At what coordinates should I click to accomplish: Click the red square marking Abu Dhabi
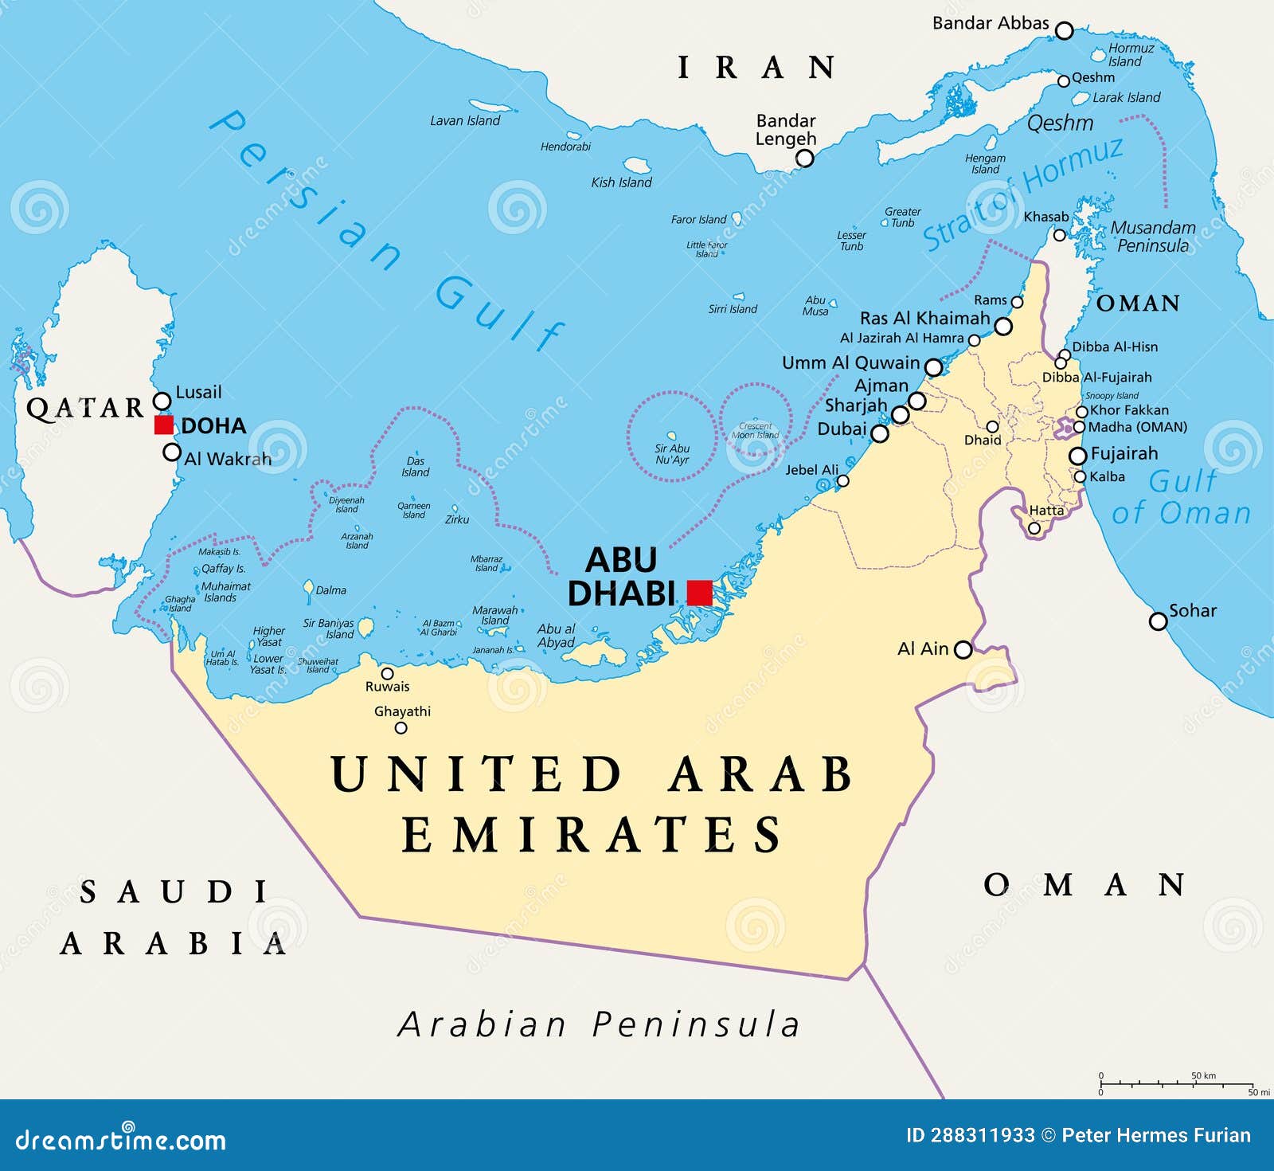point(699,593)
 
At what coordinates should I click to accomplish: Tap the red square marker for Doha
point(164,425)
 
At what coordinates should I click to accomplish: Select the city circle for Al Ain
point(963,649)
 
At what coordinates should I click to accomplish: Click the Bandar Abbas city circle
point(1064,31)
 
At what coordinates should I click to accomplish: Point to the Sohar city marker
point(1158,621)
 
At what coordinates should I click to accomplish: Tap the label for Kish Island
point(621,182)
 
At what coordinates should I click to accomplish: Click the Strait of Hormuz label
point(1023,193)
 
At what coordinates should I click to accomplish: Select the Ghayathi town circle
point(401,727)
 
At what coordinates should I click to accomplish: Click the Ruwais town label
point(387,687)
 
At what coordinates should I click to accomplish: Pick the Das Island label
point(415,467)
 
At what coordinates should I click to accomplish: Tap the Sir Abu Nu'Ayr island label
point(672,454)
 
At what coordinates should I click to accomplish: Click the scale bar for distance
point(1177,1083)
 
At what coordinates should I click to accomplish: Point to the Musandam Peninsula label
point(1152,237)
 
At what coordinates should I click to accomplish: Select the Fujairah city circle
point(1077,456)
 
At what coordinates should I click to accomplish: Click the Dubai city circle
point(879,433)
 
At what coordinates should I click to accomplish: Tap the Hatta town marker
point(1034,527)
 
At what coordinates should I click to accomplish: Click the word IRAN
point(756,68)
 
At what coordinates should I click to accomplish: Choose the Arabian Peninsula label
point(599,1024)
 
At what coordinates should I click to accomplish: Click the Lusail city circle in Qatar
point(162,400)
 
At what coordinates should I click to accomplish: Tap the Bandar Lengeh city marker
point(805,158)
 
